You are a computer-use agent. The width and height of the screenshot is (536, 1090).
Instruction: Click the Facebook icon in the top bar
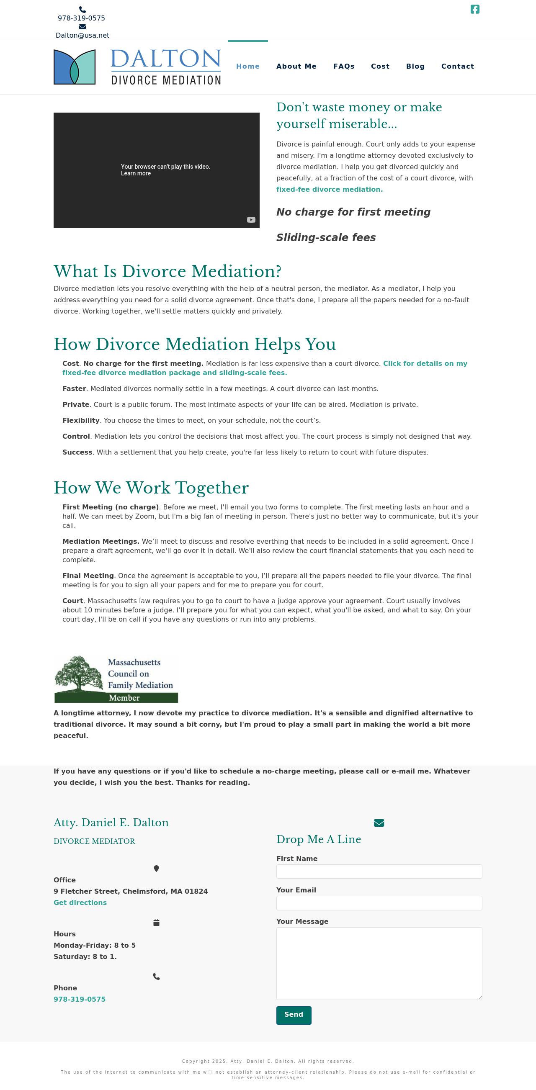(474, 9)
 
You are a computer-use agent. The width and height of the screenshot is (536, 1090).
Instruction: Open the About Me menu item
(296, 67)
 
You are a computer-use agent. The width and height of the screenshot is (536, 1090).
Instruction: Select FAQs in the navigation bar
(344, 67)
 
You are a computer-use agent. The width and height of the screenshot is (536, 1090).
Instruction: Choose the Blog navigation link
(415, 67)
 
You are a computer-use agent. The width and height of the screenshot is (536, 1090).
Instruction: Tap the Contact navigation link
(458, 67)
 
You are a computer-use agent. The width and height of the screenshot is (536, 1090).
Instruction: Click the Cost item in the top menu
(380, 67)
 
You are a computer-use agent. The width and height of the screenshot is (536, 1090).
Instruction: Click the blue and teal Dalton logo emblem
(75, 67)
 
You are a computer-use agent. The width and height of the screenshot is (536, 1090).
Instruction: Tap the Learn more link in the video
(136, 173)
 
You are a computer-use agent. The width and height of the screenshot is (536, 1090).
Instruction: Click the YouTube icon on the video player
(251, 220)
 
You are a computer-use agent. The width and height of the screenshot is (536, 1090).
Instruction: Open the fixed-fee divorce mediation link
(330, 190)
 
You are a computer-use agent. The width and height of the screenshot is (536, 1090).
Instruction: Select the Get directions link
(80, 902)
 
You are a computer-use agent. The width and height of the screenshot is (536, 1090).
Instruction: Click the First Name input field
(379, 871)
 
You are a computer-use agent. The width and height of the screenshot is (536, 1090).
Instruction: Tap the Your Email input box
(379, 903)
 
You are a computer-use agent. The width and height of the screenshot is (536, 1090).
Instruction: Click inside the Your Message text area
(379, 963)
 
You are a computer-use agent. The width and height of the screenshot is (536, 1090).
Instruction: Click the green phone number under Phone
(80, 999)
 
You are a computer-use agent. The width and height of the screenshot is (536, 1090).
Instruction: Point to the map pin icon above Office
(156, 868)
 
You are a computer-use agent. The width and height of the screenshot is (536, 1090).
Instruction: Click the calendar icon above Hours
(156, 923)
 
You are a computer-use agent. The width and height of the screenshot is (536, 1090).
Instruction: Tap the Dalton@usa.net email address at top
(82, 36)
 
